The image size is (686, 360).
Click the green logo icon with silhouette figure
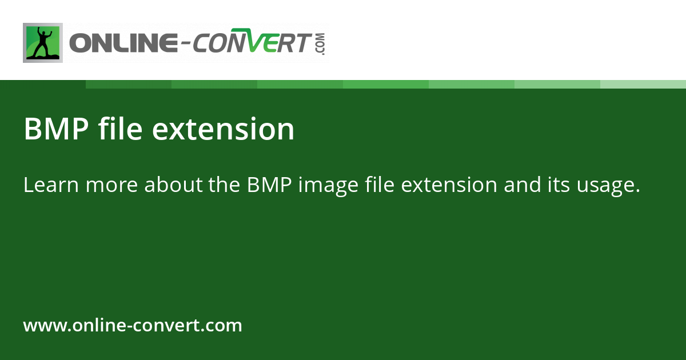click(x=43, y=43)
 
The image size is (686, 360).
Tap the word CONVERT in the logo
click(x=252, y=43)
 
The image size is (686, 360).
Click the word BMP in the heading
click(x=55, y=129)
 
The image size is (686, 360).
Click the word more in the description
click(x=109, y=185)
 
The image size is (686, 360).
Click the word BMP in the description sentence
click(x=269, y=185)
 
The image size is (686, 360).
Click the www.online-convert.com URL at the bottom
click(x=133, y=326)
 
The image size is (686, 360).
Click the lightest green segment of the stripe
click(x=643, y=84)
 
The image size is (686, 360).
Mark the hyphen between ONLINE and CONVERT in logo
click(x=182, y=43)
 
